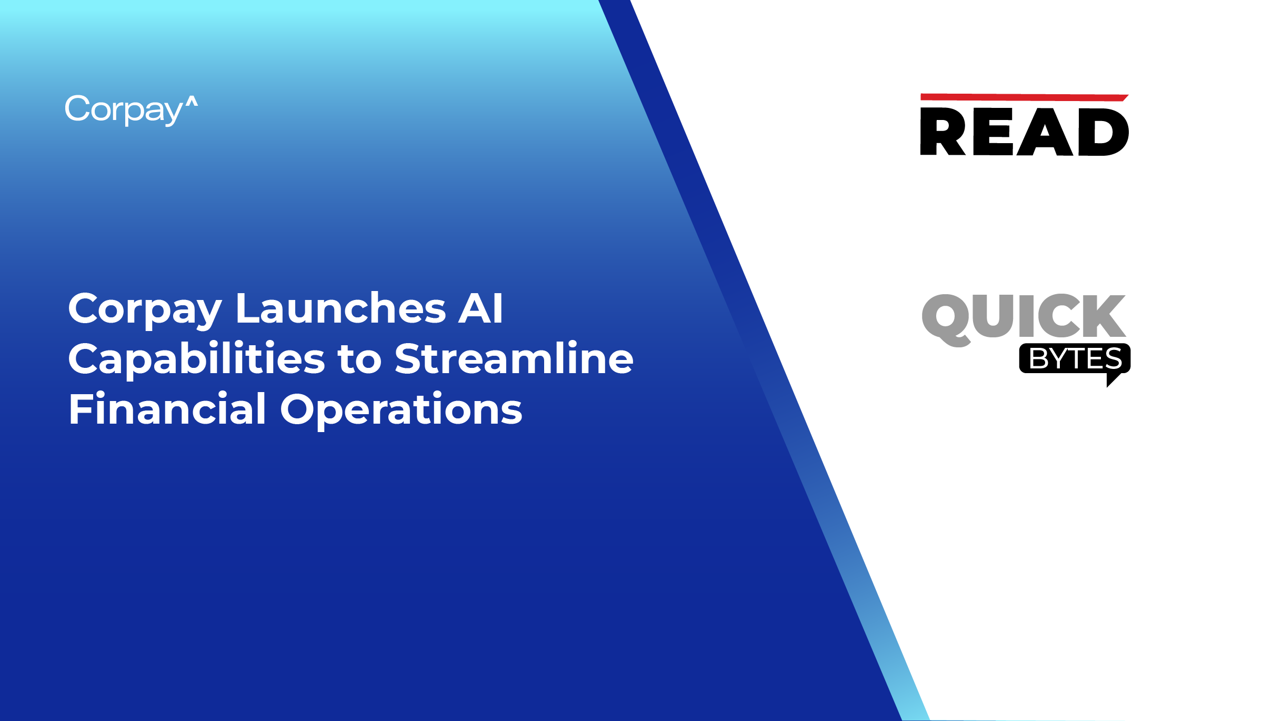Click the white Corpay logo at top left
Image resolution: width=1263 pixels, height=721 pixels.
pyautogui.click(x=131, y=110)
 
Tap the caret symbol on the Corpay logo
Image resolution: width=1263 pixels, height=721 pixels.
pyautogui.click(x=192, y=101)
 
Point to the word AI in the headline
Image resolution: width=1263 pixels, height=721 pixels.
pyautogui.click(x=480, y=308)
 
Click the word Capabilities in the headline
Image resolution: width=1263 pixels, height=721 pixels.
pyautogui.click(x=196, y=359)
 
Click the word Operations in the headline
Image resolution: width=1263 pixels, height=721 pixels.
pyautogui.click(x=401, y=410)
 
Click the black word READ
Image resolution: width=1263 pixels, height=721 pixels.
pyautogui.click(x=1024, y=132)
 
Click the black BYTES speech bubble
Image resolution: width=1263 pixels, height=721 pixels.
pyautogui.click(x=1075, y=358)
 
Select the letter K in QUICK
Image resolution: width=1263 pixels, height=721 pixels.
pyautogui.click(x=1104, y=316)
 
